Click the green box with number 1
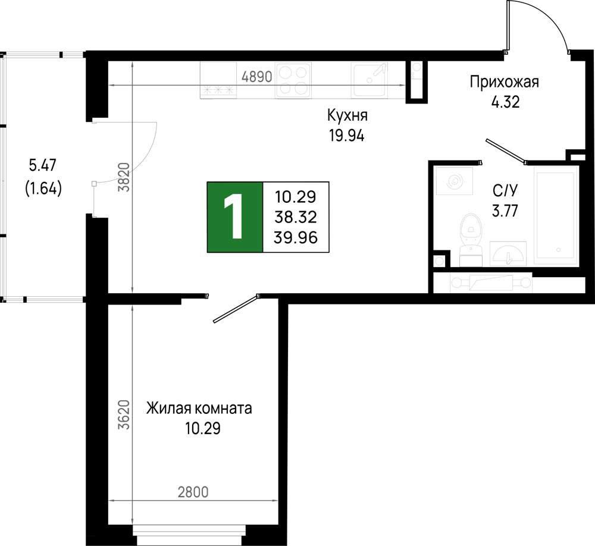235,217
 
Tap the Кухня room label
347,115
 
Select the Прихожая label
505,82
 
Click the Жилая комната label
199,409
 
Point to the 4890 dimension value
257,77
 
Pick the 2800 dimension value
193,492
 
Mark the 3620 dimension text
124,415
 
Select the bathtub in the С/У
556,215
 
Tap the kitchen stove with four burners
293,81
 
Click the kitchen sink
370,79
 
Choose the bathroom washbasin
508,253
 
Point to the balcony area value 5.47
42,165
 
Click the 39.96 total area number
296,238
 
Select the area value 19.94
347,136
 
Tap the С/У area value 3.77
505,211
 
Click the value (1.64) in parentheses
43,188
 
